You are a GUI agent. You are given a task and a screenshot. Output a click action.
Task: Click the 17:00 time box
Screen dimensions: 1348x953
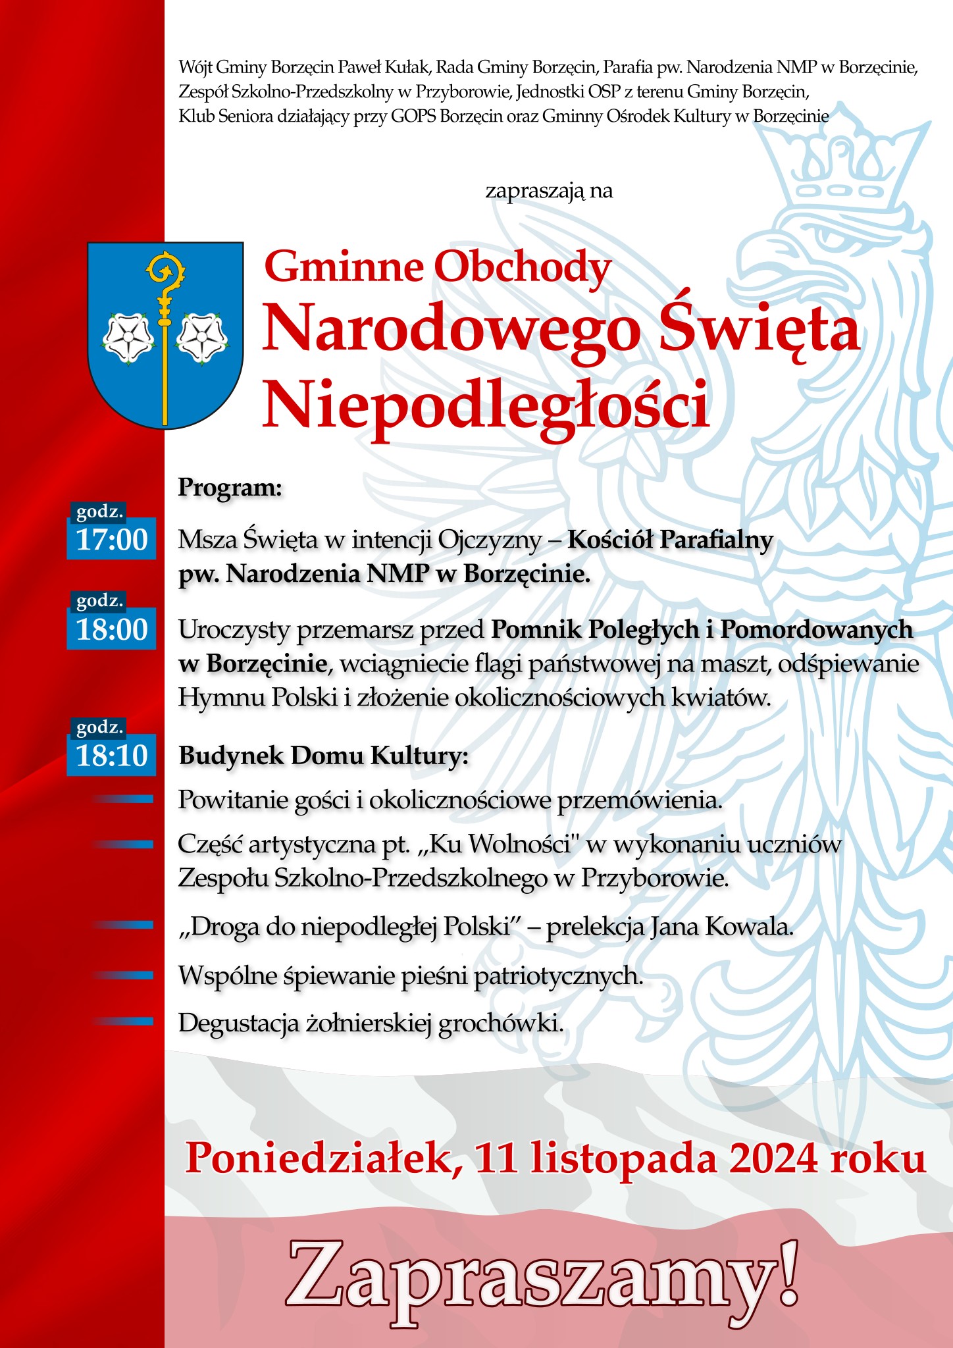pos(111,539)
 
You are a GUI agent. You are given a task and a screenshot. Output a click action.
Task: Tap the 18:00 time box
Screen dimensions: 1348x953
pos(111,629)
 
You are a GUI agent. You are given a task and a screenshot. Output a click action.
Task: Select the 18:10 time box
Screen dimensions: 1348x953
pos(111,755)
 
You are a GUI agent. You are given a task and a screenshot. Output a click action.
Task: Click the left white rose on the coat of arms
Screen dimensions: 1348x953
pos(129,337)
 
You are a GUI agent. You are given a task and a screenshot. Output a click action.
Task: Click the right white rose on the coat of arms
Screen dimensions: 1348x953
pos(202,337)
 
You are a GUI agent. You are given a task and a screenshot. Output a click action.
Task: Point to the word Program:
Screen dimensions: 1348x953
pos(230,488)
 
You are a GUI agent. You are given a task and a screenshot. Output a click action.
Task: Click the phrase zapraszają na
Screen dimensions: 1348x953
pos(549,191)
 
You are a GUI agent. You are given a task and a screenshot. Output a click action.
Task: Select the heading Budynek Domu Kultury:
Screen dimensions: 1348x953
pos(323,756)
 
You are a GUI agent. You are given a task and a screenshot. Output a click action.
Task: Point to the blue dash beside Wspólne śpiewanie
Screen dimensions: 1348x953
pos(125,975)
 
